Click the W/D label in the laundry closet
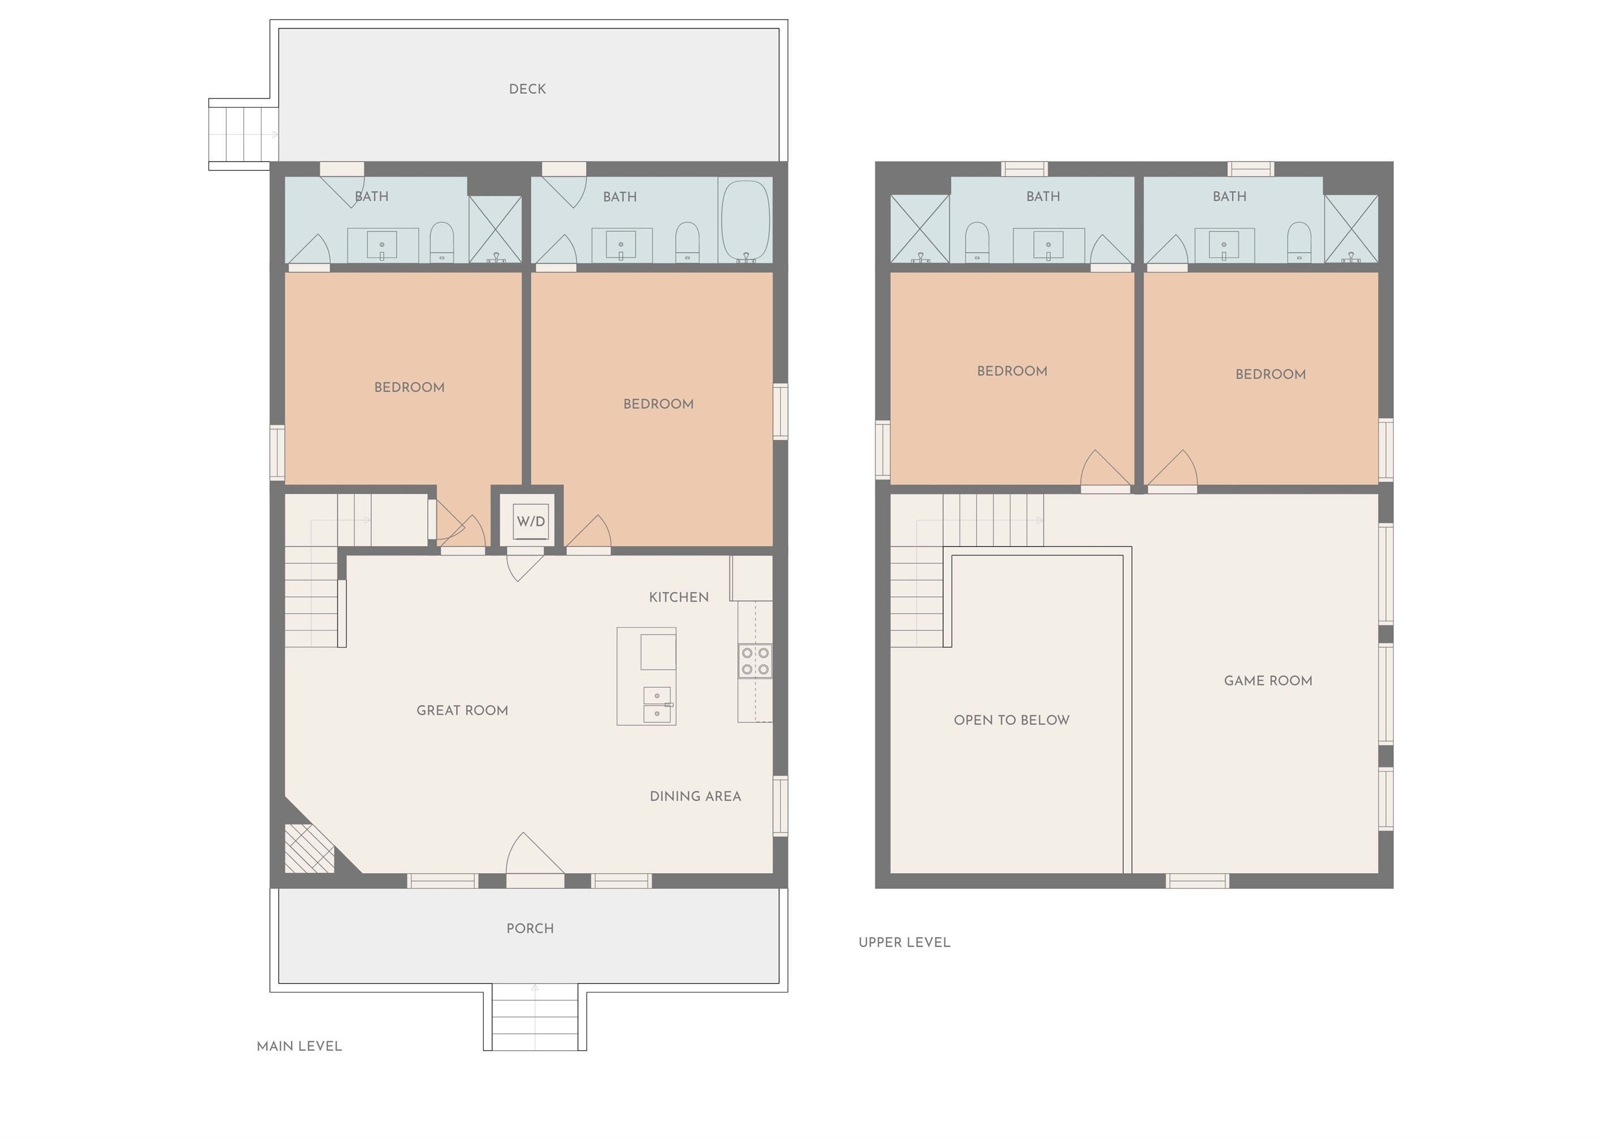tap(530, 521)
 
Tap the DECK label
tap(527, 89)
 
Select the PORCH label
tap(530, 928)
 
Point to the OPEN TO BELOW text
tap(1011, 720)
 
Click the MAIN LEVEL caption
tap(299, 1046)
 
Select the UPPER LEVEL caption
tap(904, 942)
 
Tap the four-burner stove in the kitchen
tap(755, 661)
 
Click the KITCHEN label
tap(678, 597)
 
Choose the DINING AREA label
tap(694, 796)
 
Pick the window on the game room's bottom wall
tap(1197, 881)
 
